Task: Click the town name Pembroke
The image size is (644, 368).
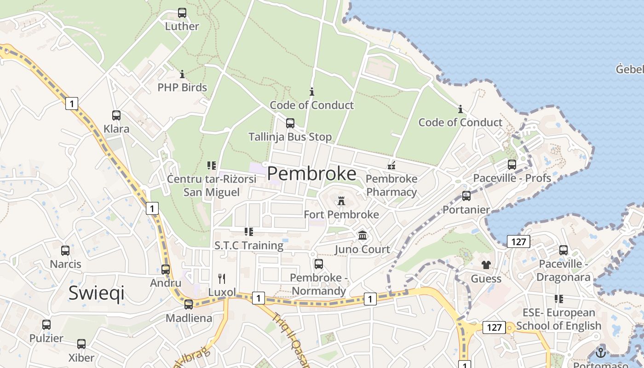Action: pyautogui.click(x=311, y=174)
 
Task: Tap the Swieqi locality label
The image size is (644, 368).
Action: pyautogui.click(x=97, y=293)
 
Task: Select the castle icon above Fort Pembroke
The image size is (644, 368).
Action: pyautogui.click(x=341, y=201)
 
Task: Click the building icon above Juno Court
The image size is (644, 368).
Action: pyautogui.click(x=362, y=236)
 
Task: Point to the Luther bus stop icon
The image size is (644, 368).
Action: pyautogui.click(x=182, y=13)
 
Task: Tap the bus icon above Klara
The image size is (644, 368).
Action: pyautogui.click(x=116, y=115)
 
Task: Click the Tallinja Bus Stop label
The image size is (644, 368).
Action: pyautogui.click(x=290, y=137)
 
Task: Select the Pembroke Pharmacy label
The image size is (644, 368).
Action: pyautogui.click(x=391, y=185)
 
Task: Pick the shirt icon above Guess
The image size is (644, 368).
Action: pyautogui.click(x=486, y=265)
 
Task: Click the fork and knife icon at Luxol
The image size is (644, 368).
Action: pyautogui.click(x=222, y=278)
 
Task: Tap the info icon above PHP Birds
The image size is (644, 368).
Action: pyautogui.click(x=182, y=74)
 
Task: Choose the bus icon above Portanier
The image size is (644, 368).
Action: pyautogui.click(x=466, y=196)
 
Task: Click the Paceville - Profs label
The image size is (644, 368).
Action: pyautogui.click(x=512, y=178)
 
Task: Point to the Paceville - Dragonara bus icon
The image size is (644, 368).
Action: pyautogui.click(x=563, y=250)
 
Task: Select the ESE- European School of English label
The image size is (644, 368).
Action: pyautogui.click(x=558, y=319)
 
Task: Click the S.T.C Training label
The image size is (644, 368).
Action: pyautogui.click(x=249, y=246)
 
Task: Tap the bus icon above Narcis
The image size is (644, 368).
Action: pyautogui.click(x=65, y=251)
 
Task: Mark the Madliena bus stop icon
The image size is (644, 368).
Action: pyautogui.click(x=189, y=305)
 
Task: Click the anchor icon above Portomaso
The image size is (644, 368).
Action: pyautogui.click(x=600, y=353)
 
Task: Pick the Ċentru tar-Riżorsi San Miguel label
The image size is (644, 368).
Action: pyautogui.click(x=212, y=185)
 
